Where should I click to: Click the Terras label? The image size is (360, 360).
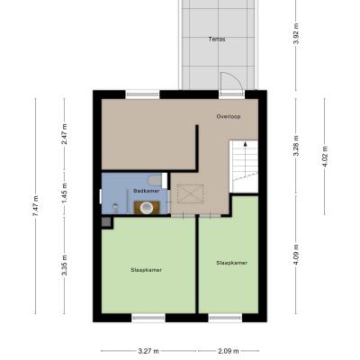(x=217, y=39)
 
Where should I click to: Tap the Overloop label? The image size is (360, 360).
(x=229, y=116)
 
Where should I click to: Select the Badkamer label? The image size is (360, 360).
(x=146, y=191)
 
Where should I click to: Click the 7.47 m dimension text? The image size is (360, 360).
(x=36, y=206)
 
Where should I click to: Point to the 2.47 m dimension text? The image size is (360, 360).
(x=64, y=134)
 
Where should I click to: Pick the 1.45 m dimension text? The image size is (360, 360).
(x=64, y=193)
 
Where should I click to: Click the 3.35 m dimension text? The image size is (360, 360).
(x=64, y=265)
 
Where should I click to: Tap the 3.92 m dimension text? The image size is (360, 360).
(x=296, y=33)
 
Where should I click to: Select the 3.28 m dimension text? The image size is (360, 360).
(x=296, y=146)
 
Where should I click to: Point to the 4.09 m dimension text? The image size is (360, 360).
(x=296, y=255)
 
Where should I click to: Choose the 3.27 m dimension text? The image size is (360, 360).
(x=148, y=351)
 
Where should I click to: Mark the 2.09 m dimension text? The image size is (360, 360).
(x=229, y=351)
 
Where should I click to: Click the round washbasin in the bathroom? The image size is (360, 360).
(x=147, y=208)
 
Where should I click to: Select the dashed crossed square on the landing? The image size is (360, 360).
(x=190, y=194)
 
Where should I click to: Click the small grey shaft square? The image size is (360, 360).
(x=106, y=222)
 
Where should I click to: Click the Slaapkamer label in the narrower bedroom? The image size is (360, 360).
(x=232, y=263)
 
